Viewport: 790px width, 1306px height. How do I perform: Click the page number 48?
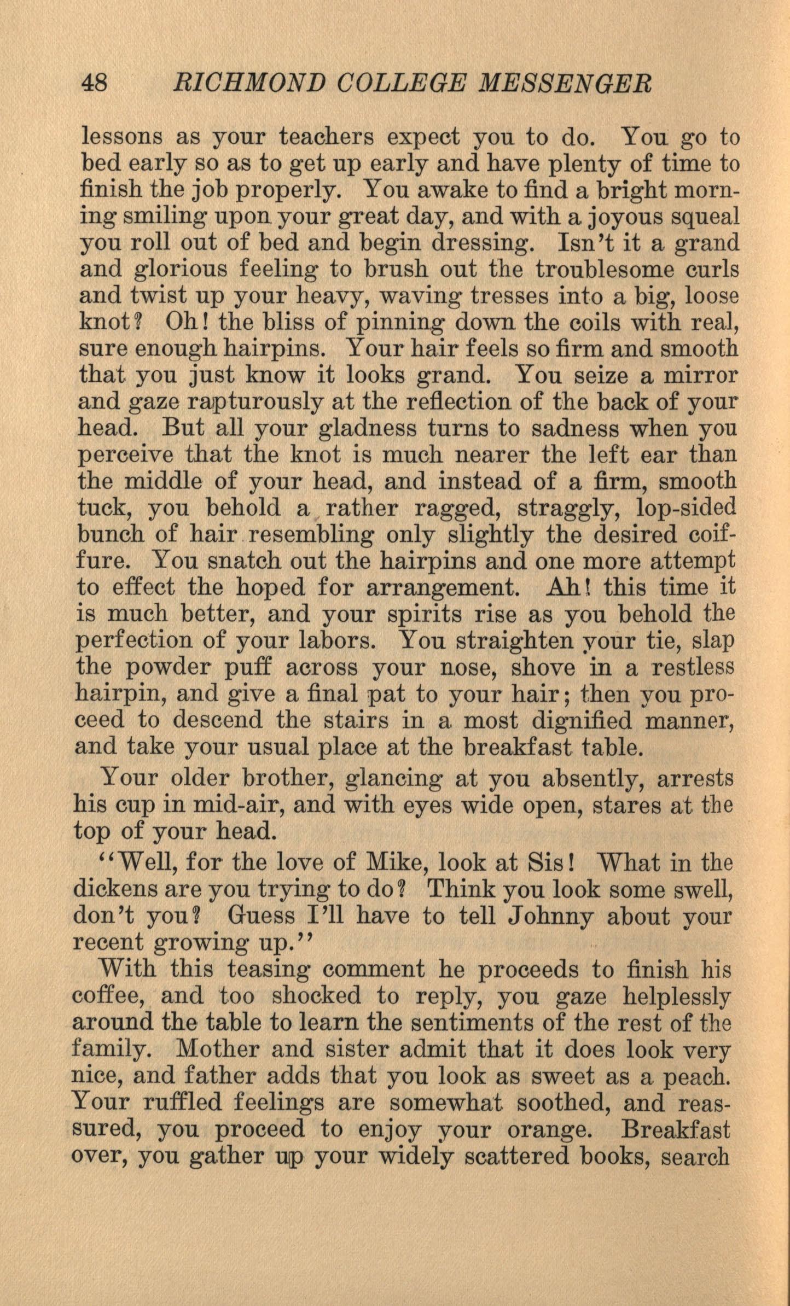[95, 84]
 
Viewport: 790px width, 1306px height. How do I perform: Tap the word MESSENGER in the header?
[565, 84]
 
